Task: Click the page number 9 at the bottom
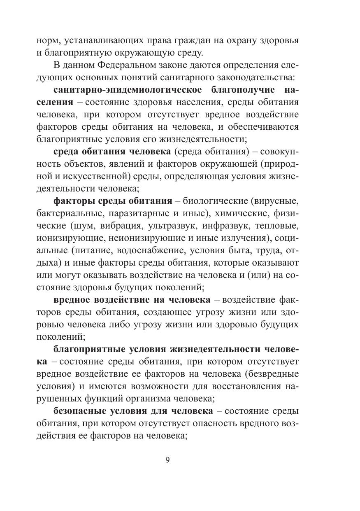tap(167, 460)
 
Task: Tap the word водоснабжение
tap(150, 251)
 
